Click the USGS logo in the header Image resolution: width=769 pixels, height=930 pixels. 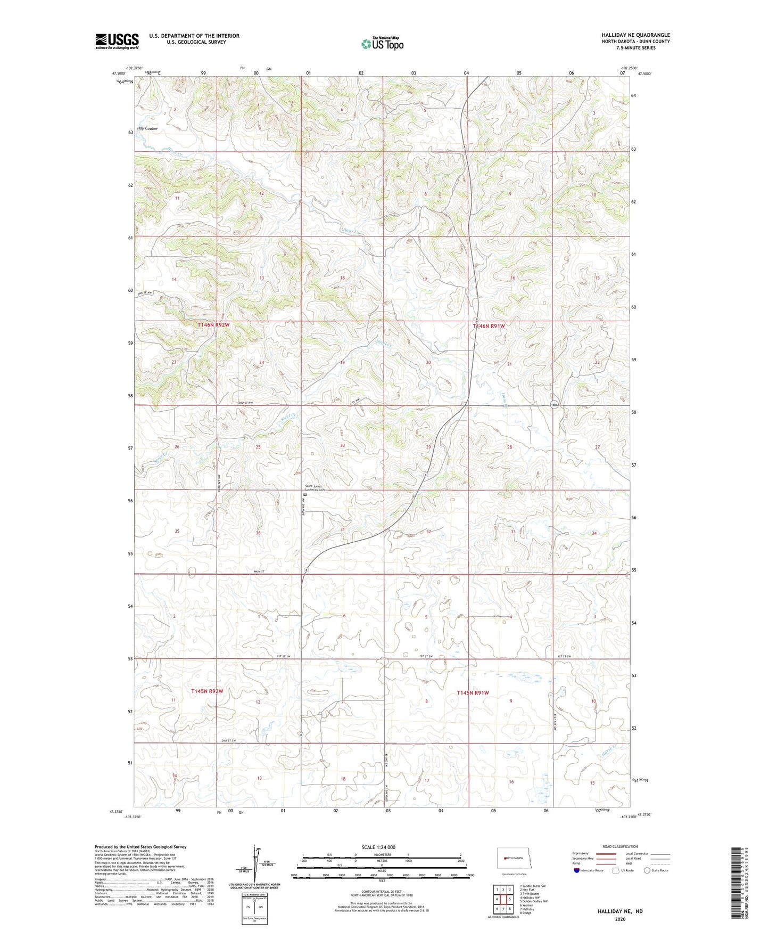pyautogui.click(x=117, y=40)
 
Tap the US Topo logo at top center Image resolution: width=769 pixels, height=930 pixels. pyautogui.click(x=382, y=44)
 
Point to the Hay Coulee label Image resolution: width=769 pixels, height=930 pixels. pyautogui.click(x=147, y=128)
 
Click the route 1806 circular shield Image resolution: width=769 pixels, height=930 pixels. pyautogui.click(x=554, y=405)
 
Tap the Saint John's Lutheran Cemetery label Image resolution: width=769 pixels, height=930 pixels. pyautogui.click(x=315, y=487)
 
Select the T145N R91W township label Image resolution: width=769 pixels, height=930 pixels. pyautogui.click(x=473, y=692)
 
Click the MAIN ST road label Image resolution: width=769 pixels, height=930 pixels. pyautogui.click(x=259, y=572)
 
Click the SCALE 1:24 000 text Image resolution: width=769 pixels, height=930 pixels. pyautogui.click(x=378, y=847)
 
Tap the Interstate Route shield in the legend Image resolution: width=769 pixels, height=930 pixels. pyautogui.click(x=577, y=870)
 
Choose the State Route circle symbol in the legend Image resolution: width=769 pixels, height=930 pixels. pyautogui.click(x=647, y=870)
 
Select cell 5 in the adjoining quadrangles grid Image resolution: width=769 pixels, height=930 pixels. pyautogui.click(x=509, y=899)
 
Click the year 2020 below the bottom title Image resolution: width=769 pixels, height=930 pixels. pyautogui.click(x=619, y=919)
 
